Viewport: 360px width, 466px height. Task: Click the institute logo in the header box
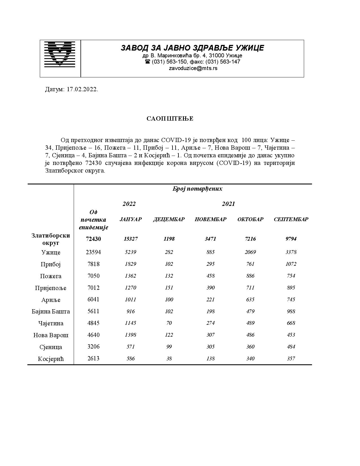[60, 54]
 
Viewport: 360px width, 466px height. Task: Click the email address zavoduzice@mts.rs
[193, 68]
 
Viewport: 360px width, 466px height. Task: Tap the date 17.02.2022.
[82, 90]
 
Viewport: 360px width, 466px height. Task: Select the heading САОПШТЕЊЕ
[170, 119]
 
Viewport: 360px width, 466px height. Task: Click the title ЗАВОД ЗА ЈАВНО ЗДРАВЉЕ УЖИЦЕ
[192, 48]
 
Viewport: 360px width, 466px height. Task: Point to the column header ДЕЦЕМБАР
[169, 219]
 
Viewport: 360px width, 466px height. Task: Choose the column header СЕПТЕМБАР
[291, 219]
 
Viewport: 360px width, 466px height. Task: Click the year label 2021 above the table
[228, 204]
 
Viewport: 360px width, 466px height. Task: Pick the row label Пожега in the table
[51, 276]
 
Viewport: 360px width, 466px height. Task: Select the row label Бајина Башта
[51, 312]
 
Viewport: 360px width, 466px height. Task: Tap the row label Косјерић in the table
[51, 359]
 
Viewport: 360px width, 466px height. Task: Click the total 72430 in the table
[93, 239]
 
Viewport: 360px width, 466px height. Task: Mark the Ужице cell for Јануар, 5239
[130, 252]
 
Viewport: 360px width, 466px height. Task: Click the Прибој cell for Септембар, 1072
[291, 264]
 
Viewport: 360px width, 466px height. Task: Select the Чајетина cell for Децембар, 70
[169, 323]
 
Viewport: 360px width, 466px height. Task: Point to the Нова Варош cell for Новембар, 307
[210, 335]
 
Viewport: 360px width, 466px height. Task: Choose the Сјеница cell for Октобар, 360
[250, 347]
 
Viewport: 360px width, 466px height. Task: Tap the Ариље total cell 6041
[93, 299]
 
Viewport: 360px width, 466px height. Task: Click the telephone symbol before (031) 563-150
[147, 62]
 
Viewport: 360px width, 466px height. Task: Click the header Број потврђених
[197, 189]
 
